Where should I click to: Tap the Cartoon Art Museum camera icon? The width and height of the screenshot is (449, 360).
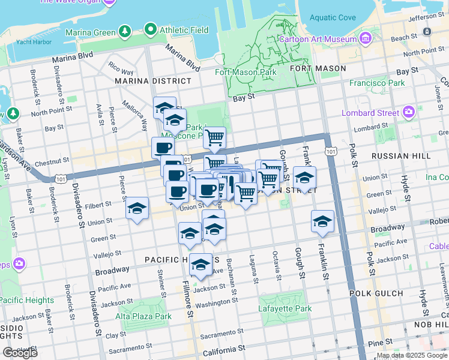pyautogui.click(x=366, y=39)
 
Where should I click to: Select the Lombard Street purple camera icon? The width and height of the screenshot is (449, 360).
pyautogui.click(x=409, y=112)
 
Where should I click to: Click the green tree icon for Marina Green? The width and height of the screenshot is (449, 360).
pyautogui.click(x=124, y=30)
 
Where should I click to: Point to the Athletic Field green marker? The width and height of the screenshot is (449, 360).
pyautogui.click(x=150, y=29)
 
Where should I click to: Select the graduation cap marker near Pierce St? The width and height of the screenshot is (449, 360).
pyautogui.click(x=137, y=209)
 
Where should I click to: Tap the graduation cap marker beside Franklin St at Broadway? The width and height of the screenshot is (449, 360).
pyautogui.click(x=322, y=221)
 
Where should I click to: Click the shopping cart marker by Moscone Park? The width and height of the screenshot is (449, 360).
pyautogui.click(x=214, y=138)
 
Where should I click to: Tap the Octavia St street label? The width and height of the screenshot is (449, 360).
pyautogui.click(x=277, y=267)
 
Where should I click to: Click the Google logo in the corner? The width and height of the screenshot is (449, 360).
pyautogui.click(x=20, y=353)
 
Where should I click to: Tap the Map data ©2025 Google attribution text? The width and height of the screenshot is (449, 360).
pyautogui.click(x=412, y=355)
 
